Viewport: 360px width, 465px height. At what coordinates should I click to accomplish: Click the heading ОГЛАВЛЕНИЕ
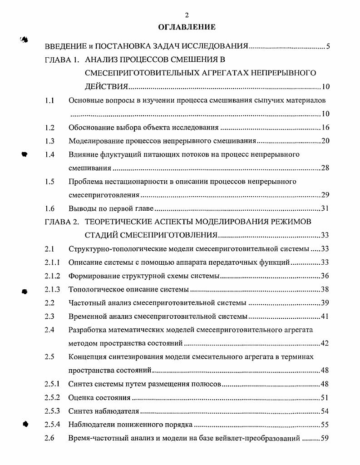coord(187,27)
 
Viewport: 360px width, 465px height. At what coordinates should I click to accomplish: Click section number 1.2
coord(50,128)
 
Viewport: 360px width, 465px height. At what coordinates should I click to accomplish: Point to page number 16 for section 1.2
coord(325,128)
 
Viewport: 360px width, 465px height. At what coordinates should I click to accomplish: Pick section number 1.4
coord(50,154)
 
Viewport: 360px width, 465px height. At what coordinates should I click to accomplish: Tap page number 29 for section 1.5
coord(325,195)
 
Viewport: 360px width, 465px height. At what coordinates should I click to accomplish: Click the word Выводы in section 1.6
coord(82,209)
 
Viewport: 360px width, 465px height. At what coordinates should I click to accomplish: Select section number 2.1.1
coord(52,262)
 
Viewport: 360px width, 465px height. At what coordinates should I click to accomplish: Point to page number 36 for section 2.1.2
coord(325,276)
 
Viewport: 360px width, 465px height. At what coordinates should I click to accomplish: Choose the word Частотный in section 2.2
coord(85,302)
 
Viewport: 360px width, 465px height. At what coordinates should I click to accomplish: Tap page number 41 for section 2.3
coord(325,316)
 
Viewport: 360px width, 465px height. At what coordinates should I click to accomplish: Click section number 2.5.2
coord(52,398)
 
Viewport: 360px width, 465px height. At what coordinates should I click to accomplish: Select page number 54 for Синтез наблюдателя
coord(325,411)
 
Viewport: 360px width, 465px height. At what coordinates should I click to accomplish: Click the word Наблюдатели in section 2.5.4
coord(90,425)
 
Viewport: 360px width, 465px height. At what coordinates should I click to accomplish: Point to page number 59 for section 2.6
coord(325,439)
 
